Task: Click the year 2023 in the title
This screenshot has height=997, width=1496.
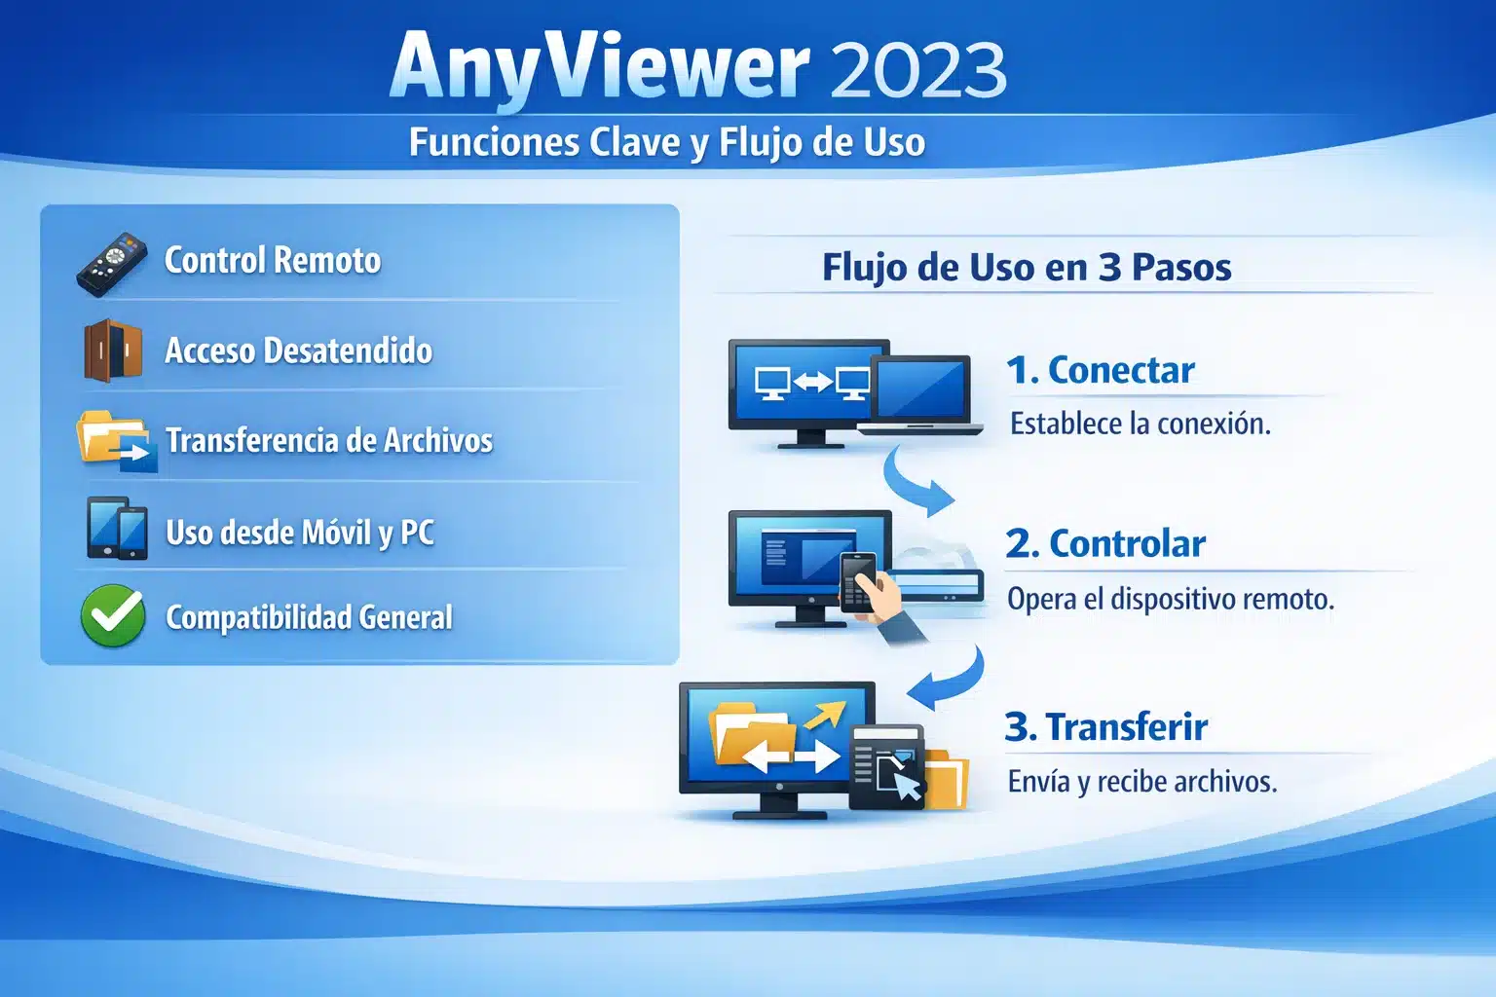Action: (918, 69)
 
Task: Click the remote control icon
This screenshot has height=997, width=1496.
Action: (111, 264)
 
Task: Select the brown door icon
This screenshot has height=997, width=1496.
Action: (112, 351)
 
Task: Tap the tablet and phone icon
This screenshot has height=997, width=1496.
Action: (117, 529)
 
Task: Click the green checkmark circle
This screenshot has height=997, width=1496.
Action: (113, 615)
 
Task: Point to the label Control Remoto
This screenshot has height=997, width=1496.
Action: (273, 260)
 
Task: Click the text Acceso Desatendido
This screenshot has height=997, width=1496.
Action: (298, 351)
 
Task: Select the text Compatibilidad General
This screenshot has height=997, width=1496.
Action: (309, 617)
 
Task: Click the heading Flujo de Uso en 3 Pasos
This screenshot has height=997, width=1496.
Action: (1027, 267)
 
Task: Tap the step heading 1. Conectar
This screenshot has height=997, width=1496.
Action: (1101, 370)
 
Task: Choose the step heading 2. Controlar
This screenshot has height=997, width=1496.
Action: (1105, 543)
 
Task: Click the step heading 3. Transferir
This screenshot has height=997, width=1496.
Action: (1106, 726)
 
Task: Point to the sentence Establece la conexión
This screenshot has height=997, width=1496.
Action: (1141, 424)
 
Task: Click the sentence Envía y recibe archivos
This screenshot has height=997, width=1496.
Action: (1142, 781)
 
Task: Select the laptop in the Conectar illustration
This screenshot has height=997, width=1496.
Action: (920, 394)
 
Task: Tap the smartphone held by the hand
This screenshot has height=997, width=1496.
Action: (857, 581)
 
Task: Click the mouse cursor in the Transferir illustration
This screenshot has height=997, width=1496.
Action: (906, 785)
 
